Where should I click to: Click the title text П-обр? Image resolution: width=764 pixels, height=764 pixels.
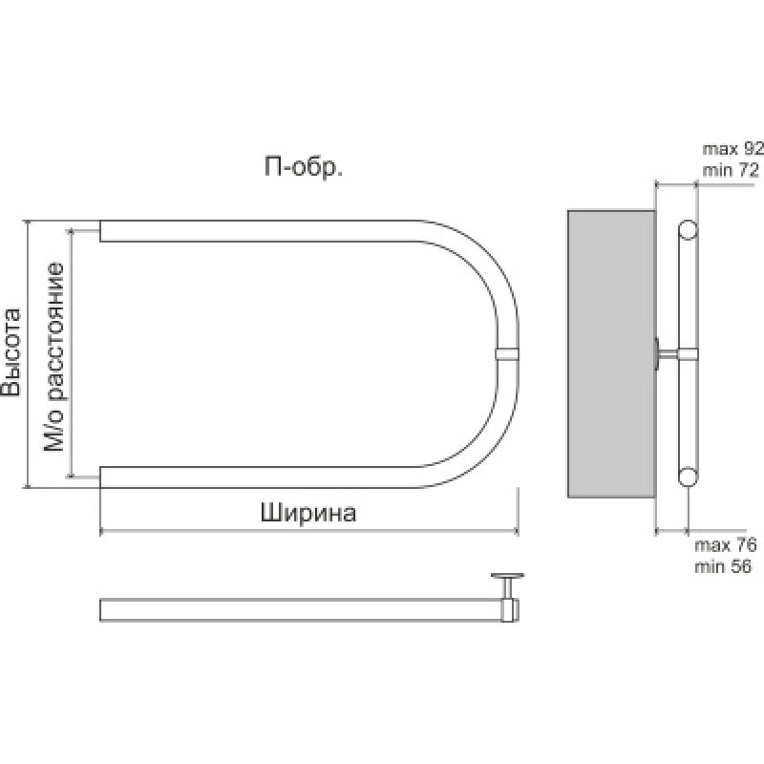[304, 168]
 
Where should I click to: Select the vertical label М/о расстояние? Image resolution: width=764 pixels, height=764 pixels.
[55, 353]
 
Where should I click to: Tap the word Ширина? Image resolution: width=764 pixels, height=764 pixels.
[308, 513]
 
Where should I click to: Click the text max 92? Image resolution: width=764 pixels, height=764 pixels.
[732, 149]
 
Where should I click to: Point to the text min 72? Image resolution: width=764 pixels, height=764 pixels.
[731, 170]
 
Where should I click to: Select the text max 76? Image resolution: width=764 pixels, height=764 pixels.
[727, 546]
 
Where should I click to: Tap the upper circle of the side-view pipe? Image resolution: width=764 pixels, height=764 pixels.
[687, 230]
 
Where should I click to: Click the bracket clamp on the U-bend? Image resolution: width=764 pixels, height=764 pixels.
[508, 353]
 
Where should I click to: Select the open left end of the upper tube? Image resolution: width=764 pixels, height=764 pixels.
[102, 230]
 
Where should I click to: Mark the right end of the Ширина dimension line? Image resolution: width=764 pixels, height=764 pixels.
[517, 531]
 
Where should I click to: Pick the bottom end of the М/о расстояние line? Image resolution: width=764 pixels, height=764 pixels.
[71, 476]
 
